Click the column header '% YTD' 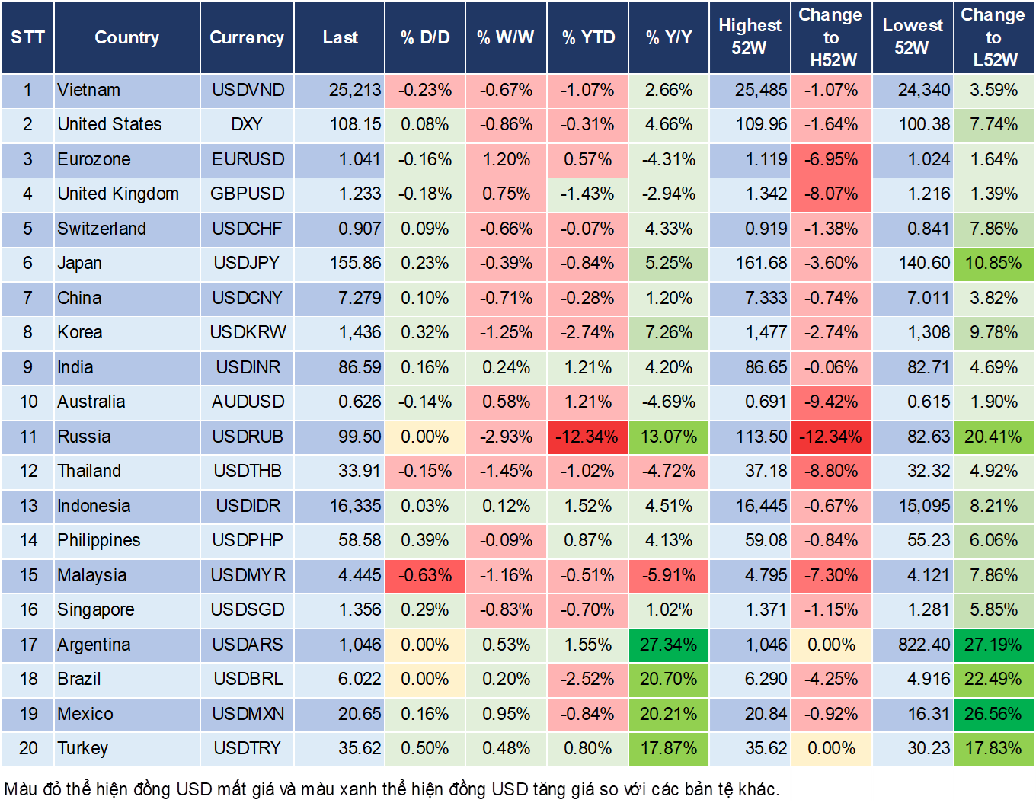[588, 37]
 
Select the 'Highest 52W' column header [750, 37]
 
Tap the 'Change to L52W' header [993, 37]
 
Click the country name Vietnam [89, 90]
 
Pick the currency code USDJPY [247, 263]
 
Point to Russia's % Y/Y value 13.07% [668, 437]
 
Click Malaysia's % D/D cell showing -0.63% [425, 575]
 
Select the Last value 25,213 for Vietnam [354, 90]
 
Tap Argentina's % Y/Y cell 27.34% [668, 645]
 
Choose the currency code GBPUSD [247, 194]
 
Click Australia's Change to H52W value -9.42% [830, 401]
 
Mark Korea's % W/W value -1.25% [506, 332]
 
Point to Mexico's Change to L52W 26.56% [993, 714]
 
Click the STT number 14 [28, 540]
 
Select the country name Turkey [83, 748]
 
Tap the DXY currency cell [247, 124]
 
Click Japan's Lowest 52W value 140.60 [924, 263]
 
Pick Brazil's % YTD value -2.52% [588, 679]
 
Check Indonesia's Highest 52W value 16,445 [761, 506]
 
